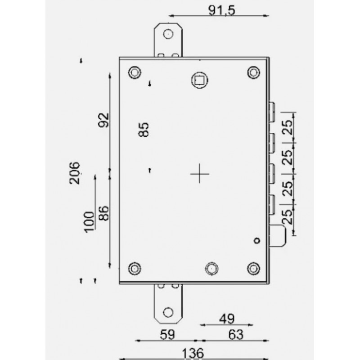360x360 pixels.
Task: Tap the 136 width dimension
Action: point(193,352)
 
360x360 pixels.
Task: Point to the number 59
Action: point(168,334)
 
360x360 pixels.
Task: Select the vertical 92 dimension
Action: point(103,121)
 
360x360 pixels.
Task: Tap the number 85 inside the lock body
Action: point(144,130)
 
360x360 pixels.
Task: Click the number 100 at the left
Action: point(89,221)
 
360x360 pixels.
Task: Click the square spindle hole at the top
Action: point(199,80)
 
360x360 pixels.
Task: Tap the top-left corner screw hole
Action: point(134,72)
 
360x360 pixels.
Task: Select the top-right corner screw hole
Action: point(254,72)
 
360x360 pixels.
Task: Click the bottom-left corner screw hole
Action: point(134,269)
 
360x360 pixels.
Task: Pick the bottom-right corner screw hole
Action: point(254,269)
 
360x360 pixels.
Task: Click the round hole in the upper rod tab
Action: point(168,34)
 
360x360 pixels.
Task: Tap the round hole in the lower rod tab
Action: point(168,312)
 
